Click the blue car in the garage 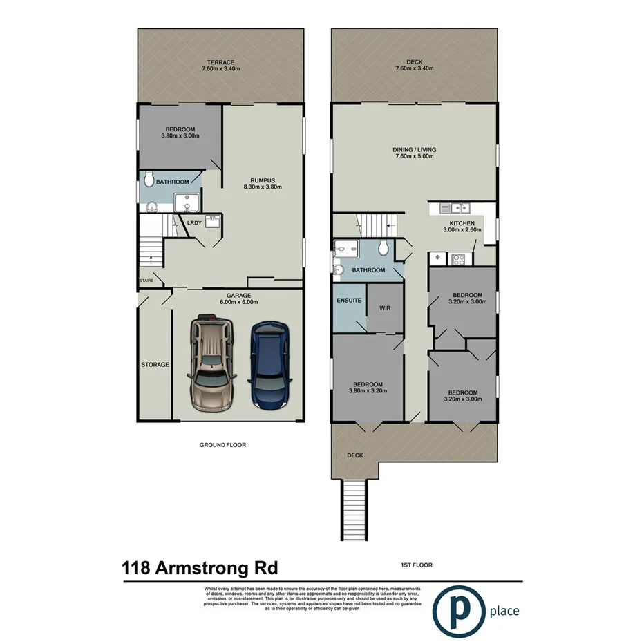pyautogui.click(x=271, y=366)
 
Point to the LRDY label pyautogui.click(x=196, y=223)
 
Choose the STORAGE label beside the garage pyautogui.click(x=155, y=364)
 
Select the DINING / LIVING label pyautogui.click(x=415, y=149)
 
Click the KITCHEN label pyautogui.click(x=462, y=224)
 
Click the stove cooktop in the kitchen pyautogui.click(x=457, y=261)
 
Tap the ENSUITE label pyautogui.click(x=349, y=301)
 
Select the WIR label pyautogui.click(x=385, y=307)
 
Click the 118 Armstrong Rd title pyautogui.click(x=200, y=568)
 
